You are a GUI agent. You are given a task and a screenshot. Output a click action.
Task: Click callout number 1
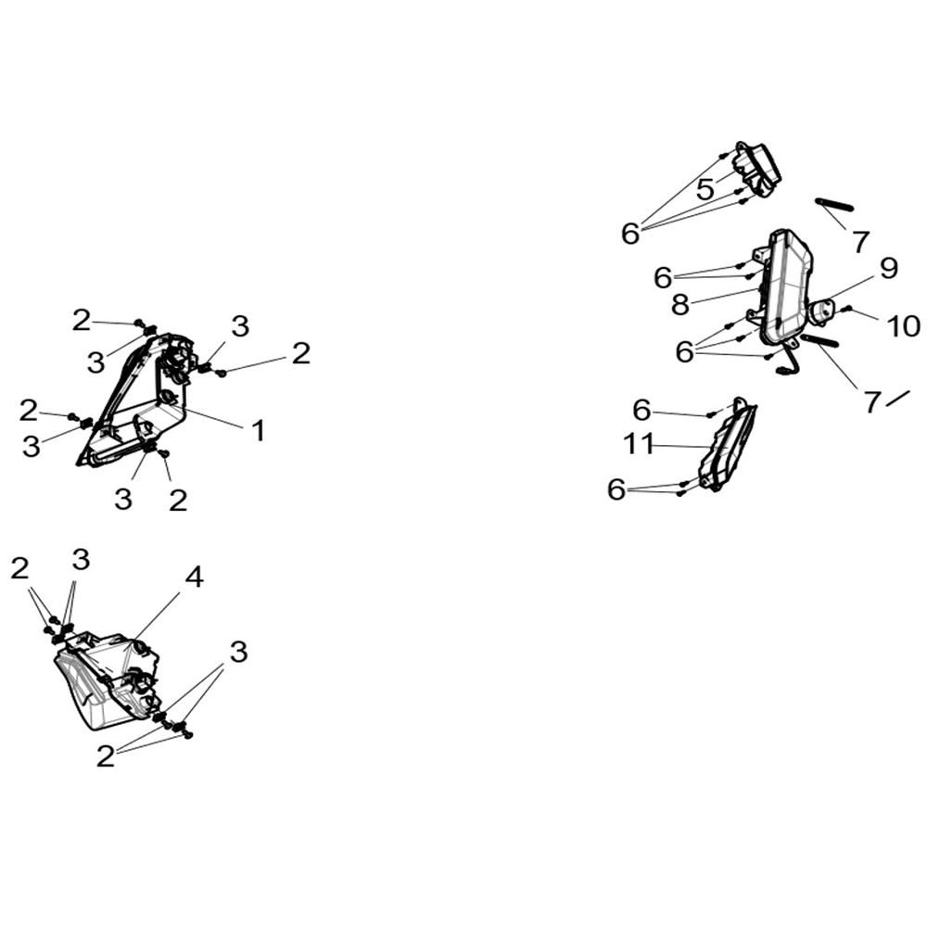(x=258, y=431)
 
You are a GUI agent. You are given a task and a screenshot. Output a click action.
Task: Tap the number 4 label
(x=194, y=577)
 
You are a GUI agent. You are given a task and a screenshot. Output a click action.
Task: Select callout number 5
(x=705, y=190)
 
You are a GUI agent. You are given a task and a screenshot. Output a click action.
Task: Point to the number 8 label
(x=680, y=305)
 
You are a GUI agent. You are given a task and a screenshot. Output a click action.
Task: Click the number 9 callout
(x=888, y=268)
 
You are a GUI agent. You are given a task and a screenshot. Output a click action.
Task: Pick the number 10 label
(x=903, y=326)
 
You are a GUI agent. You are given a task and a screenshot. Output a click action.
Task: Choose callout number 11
(x=639, y=443)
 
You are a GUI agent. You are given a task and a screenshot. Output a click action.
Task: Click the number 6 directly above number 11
(x=642, y=410)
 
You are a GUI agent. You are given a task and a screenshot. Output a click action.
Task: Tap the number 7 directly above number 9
(x=861, y=241)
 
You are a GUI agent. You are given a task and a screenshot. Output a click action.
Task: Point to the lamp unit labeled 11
(x=727, y=445)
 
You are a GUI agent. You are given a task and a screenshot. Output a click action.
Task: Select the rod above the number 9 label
(x=834, y=204)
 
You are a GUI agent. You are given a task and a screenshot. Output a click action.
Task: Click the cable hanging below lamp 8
(x=789, y=361)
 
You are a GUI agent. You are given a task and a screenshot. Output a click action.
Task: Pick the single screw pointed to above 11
(x=711, y=414)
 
